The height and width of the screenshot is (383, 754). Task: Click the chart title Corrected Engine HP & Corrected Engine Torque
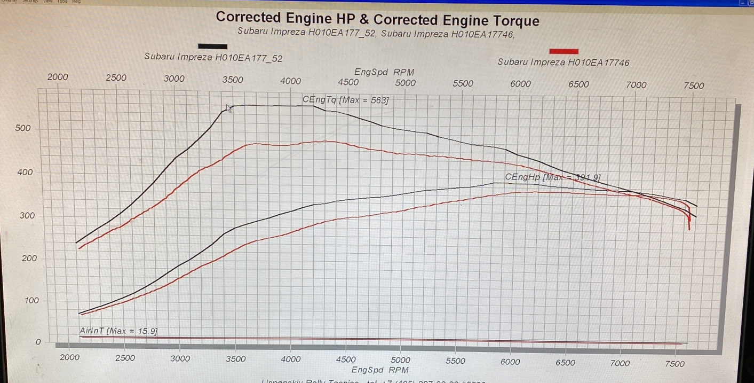[377, 19]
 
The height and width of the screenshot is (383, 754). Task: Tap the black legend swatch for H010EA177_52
[212, 47]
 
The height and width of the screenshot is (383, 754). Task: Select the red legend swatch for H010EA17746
[563, 51]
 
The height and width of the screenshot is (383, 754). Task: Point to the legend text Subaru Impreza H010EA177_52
[213, 58]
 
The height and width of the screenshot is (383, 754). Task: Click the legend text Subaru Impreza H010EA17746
[563, 62]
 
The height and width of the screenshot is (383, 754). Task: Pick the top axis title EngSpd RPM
[384, 72]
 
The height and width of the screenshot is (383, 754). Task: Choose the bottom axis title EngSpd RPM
[380, 370]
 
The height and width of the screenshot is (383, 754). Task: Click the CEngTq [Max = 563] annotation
[345, 100]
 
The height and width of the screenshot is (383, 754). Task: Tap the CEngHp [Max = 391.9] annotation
[553, 177]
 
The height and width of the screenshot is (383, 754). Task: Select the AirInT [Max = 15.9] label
[118, 331]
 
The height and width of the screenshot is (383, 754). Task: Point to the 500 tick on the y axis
[23, 128]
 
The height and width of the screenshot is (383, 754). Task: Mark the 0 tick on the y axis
[38, 342]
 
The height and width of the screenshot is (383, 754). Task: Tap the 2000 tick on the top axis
[58, 77]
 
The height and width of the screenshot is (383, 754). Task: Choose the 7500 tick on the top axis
[694, 85]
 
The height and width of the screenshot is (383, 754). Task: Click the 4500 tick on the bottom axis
[346, 359]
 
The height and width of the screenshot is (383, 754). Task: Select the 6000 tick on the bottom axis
[510, 362]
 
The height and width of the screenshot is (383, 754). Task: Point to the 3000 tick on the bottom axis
[180, 358]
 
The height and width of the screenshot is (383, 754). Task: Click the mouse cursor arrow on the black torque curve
[229, 108]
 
